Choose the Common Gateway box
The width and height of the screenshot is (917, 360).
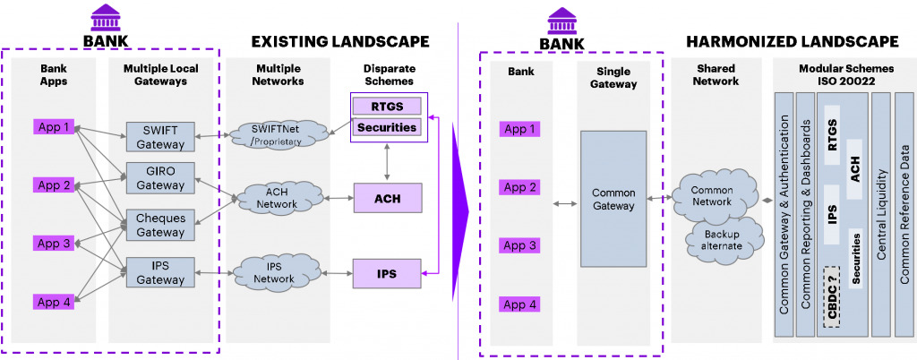pos(613,199)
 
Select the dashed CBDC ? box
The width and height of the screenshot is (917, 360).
pos(833,296)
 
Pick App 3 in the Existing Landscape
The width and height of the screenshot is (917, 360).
pos(54,244)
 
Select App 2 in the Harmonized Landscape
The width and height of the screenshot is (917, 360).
pos(520,187)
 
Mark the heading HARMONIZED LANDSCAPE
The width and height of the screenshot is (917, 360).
pos(792,41)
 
